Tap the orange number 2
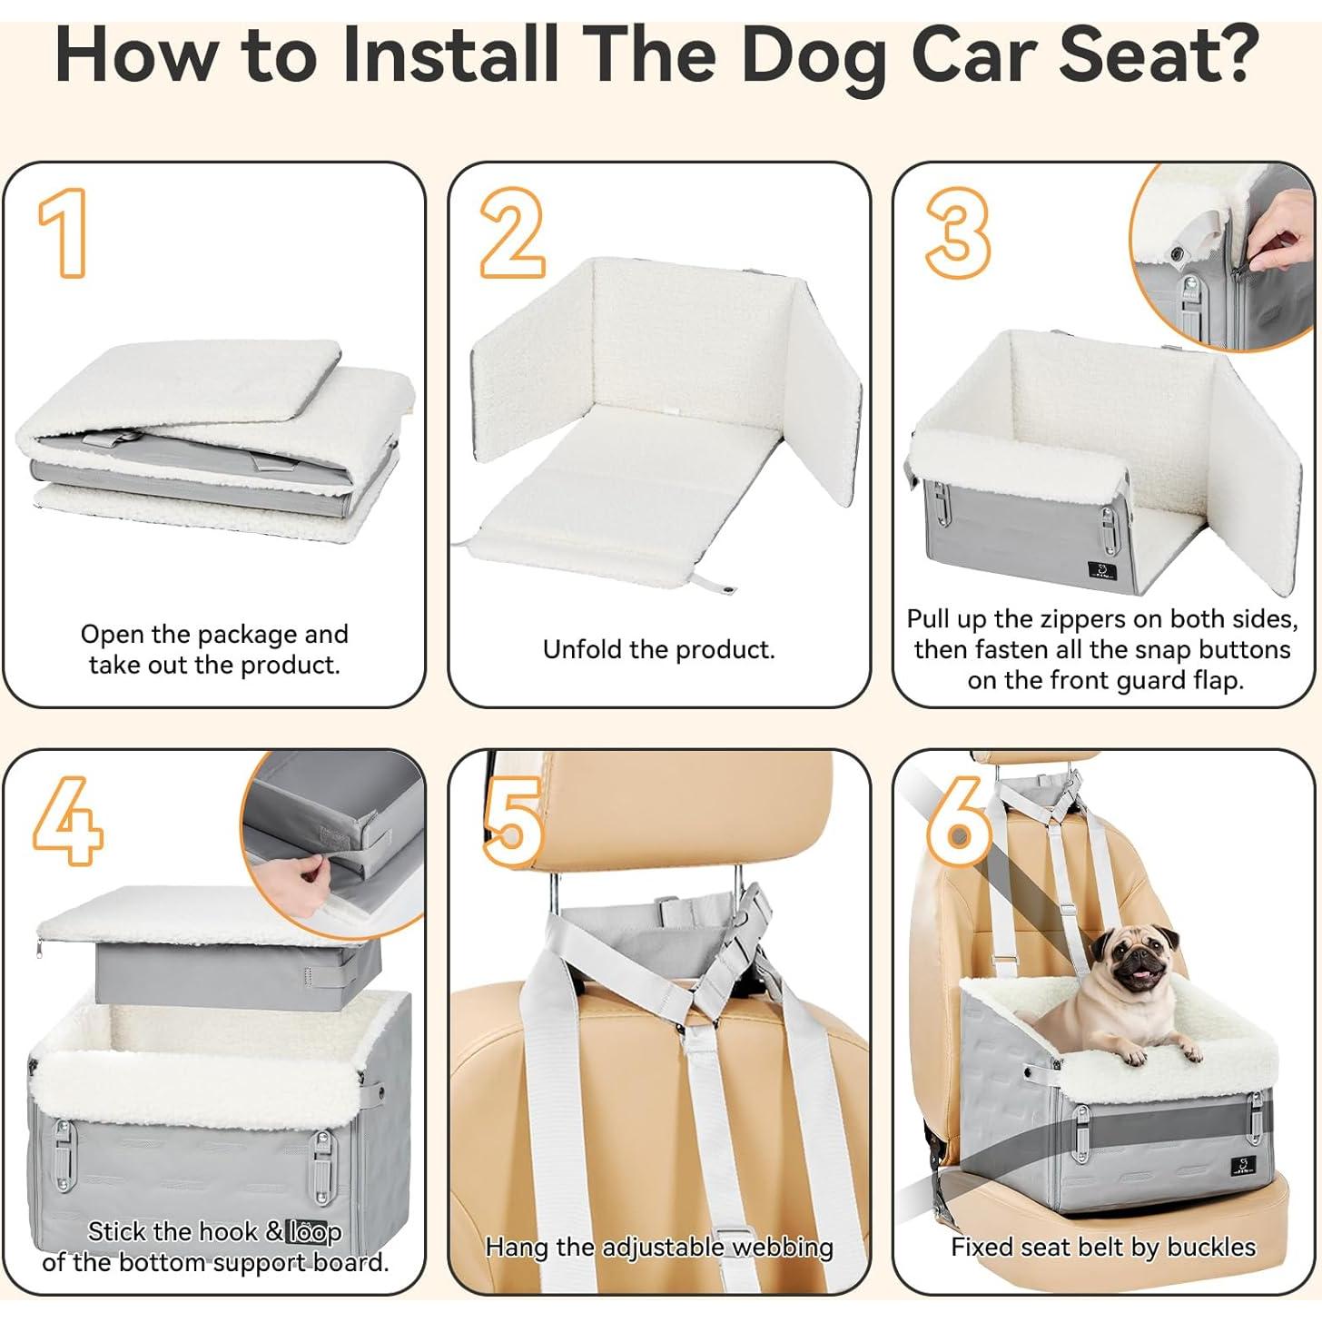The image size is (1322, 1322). pyautogui.click(x=512, y=232)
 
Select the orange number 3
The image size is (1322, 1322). pyautogui.click(x=957, y=232)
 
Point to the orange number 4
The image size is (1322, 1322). pyautogui.click(x=67, y=821)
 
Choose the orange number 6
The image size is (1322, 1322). pyautogui.click(x=959, y=821)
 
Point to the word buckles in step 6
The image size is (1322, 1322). pyautogui.click(x=1211, y=1248)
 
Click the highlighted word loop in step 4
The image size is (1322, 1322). pyautogui.click(x=314, y=1232)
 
